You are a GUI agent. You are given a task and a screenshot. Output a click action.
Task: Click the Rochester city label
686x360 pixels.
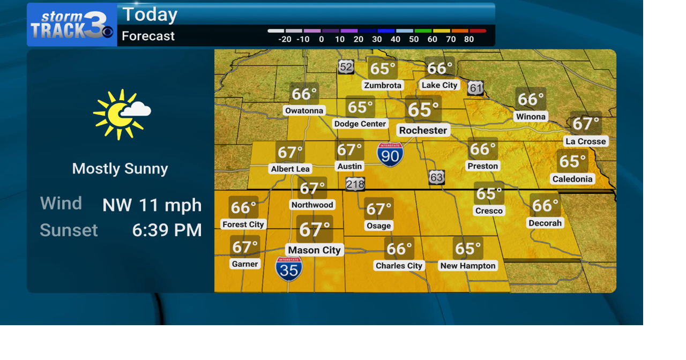(423, 130)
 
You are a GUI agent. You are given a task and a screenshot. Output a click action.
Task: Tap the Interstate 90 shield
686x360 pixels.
(390, 154)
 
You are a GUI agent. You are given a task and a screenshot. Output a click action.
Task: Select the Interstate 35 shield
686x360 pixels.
(289, 268)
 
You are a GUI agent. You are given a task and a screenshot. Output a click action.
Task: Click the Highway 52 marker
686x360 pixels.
(346, 67)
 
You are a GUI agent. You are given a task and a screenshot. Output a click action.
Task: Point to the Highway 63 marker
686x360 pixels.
(436, 177)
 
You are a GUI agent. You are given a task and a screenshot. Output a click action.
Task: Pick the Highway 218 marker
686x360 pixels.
(355, 184)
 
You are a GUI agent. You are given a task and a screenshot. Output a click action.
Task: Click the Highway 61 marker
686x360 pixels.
(475, 88)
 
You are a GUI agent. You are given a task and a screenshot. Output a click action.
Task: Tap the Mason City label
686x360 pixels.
(314, 250)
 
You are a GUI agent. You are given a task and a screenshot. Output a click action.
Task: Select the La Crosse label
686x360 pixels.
(585, 141)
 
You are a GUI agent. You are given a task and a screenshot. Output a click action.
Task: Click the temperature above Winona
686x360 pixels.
(531, 99)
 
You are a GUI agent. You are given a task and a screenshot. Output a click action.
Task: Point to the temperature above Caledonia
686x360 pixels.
(572, 161)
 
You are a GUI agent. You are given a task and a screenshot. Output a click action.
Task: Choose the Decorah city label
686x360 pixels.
(545, 223)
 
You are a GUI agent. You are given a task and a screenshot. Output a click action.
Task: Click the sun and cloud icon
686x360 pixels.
(121, 114)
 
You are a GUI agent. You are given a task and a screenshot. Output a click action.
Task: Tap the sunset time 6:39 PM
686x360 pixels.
(167, 230)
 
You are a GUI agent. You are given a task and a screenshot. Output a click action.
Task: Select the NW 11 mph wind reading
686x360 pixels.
(152, 205)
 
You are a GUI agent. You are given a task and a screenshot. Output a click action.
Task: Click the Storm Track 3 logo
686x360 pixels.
(71, 25)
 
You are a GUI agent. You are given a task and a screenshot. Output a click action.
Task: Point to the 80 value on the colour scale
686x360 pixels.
(469, 39)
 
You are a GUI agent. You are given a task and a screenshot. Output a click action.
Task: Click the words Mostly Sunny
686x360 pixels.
(120, 169)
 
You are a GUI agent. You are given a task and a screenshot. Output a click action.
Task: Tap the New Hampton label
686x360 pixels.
(468, 266)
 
